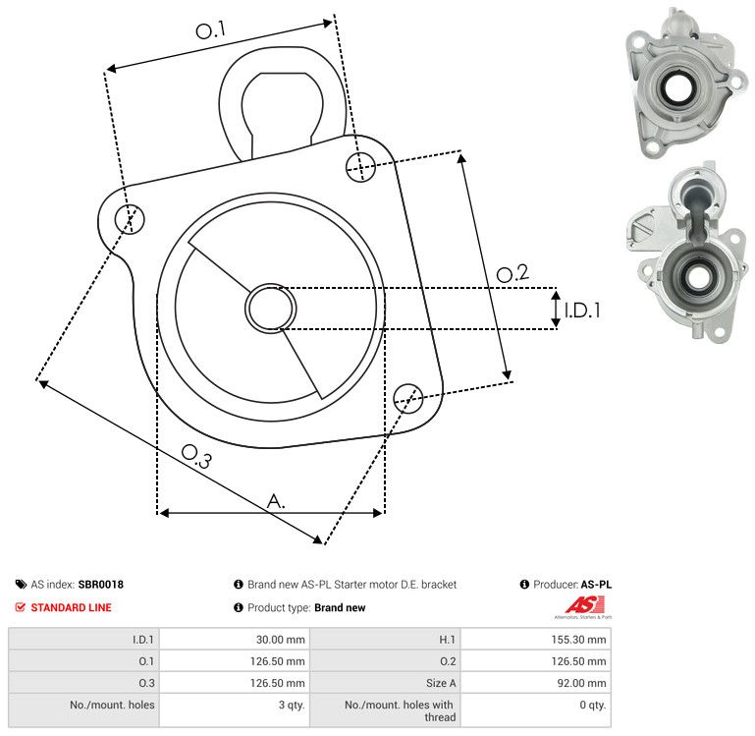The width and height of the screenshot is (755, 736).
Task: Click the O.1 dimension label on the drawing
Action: click(210, 30)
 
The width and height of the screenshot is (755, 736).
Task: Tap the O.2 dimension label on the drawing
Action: click(512, 273)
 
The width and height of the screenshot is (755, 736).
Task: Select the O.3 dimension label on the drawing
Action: click(196, 456)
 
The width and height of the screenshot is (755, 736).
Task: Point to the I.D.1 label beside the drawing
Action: click(582, 311)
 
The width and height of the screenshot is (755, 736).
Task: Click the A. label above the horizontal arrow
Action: click(276, 501)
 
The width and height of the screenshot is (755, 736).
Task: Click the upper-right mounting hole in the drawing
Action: click(360, 167)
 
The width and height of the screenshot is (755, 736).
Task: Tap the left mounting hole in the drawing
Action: click(130, 219)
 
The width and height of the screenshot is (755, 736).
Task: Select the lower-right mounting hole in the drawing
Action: click(408, 398)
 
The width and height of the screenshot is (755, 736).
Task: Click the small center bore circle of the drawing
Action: click(271, 309)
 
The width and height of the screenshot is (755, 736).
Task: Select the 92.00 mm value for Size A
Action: click(581, 683)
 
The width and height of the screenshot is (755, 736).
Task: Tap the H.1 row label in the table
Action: click(447, 640)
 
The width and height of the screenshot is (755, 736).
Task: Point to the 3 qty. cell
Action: click(292, 705)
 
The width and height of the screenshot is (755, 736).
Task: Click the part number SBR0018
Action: click(101, 585)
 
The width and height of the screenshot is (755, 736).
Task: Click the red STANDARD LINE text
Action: click(71, 607)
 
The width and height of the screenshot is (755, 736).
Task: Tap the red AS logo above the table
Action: click(584, 606)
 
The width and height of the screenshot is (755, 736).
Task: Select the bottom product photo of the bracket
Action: click(687, 253)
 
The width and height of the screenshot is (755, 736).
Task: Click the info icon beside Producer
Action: click(524, 584)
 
